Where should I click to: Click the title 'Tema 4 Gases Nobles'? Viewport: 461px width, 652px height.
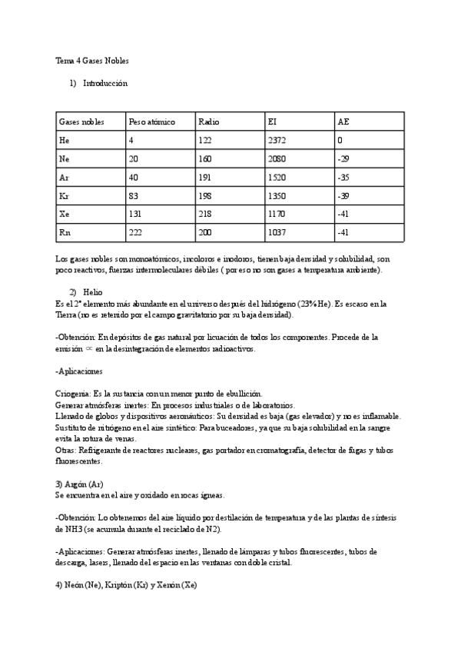click(92, 60)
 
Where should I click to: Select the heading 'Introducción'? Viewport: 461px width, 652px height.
click(104, 82)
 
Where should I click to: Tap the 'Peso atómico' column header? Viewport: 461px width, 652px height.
click(152, 121)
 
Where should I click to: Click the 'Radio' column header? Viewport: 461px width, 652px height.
click(208, 121)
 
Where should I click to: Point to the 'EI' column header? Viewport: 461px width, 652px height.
click(272, 121)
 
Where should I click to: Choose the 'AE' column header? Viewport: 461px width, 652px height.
click(343, 121)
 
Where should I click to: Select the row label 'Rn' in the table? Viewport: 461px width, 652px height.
click(64, 231)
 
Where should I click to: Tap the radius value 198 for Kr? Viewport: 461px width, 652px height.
click(204, 195)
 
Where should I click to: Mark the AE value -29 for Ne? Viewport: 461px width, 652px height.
click(343, 158)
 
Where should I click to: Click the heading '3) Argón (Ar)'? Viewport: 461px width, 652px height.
click(79, 484)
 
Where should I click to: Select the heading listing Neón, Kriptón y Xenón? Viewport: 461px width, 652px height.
click(126, 584)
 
